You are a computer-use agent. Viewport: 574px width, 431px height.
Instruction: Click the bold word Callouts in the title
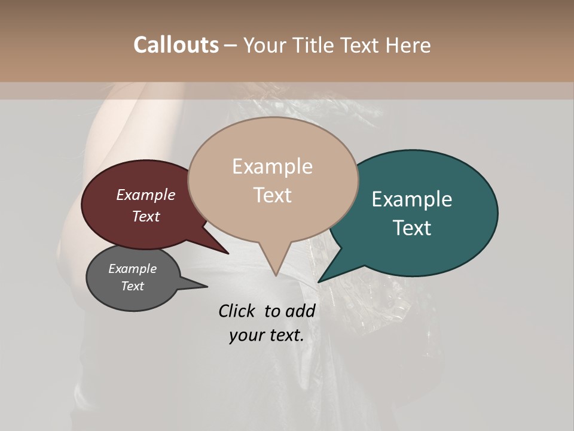[x=176, y=45]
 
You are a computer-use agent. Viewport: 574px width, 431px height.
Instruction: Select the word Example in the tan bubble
[x=272, y=166]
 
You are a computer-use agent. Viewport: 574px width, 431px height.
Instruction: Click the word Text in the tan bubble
[x=273, y=195]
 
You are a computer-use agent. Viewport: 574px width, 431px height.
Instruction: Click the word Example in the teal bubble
[x=412, y=199]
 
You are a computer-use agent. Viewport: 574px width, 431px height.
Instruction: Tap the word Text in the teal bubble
[x=413, y=228]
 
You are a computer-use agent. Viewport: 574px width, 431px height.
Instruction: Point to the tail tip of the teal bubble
[x=319, y=281]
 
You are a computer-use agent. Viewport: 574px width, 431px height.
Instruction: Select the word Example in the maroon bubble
[x=146, y=195]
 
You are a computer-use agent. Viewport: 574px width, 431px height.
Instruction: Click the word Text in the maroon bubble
[x=146, y=216]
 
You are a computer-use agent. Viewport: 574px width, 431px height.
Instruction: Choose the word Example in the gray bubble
[x=132, y=269]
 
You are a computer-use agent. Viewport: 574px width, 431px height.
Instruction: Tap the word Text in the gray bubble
[x=133, y=286]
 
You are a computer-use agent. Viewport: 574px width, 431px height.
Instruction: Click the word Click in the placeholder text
[x=237, y=311]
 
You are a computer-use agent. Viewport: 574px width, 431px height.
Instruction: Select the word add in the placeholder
[x=300, y=311]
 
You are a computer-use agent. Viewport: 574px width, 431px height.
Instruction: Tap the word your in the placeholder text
[x=246, y=336]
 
